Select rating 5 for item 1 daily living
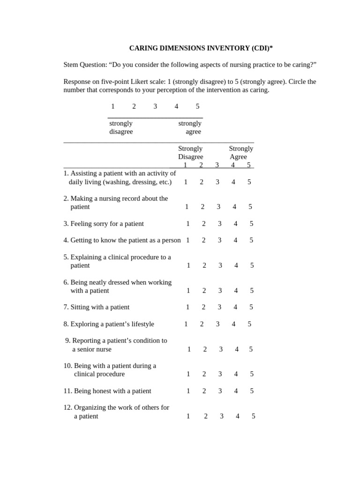tap(249, 182)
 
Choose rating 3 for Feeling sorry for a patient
tap(219, 224)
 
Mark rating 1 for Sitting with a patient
tap(187, 307)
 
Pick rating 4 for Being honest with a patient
tap(236, 391)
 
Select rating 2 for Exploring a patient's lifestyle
tap(202, 324)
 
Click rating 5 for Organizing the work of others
tap(253, 416)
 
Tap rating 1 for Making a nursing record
tap(187, 207)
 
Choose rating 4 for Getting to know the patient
tap(235, 240)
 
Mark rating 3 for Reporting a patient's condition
tap(221, 349)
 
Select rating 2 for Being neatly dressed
tap(204, 291)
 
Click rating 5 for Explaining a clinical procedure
tap(252, 265)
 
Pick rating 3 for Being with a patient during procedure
tap(220, 374)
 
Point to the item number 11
tap(67, 391)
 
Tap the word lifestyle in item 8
tap(139, 324)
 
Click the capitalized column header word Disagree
tap(190, 157)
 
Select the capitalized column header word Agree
tap(238, 157)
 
